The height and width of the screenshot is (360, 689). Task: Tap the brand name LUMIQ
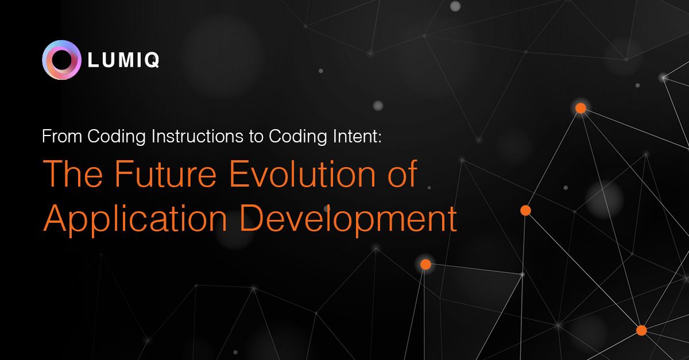pos(123,60)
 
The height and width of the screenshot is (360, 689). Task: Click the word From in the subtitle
pos(62,136)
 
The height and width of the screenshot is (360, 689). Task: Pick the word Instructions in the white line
pos(198,136)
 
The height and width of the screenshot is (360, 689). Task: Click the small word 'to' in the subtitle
pos(256,137)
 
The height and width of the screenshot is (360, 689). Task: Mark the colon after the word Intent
pos(380,138)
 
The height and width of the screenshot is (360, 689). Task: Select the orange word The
pos(73,173)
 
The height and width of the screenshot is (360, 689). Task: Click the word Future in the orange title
pos(166,173)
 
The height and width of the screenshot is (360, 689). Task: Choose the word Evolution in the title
pos(303,173)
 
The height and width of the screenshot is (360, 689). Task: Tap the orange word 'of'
pos(402,173)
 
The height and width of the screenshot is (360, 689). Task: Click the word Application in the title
pos(135,219)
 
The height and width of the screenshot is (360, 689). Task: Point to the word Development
pos(348,219)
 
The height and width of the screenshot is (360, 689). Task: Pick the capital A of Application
pos(55,218)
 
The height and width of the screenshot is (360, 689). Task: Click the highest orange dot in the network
pos(580,109)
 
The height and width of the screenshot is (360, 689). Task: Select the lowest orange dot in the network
pos(641,331)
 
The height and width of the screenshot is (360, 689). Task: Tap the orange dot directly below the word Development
pos(425,264)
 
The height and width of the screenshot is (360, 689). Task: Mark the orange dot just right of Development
pos(526,211)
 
